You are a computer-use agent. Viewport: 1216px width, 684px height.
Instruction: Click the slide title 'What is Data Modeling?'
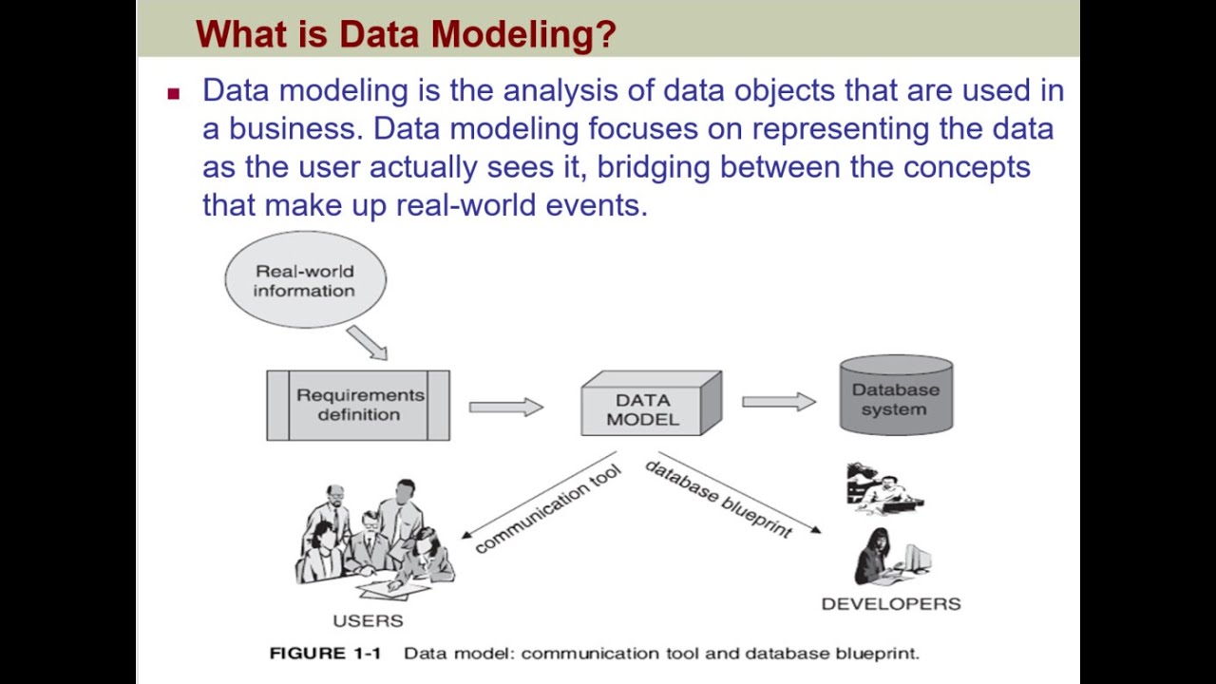406,35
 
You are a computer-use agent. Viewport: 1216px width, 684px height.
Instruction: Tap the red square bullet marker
173,93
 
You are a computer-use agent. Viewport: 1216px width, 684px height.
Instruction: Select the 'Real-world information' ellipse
305,280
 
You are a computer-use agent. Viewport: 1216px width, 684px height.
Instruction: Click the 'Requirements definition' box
358,406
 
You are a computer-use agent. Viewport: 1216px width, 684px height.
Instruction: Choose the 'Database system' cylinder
895,397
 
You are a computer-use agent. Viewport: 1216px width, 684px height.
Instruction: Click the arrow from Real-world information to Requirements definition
367,342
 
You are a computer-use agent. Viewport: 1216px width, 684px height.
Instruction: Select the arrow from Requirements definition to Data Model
505,407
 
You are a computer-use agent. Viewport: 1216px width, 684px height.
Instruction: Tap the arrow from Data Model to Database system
778,402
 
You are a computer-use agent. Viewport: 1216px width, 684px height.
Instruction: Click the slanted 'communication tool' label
547,508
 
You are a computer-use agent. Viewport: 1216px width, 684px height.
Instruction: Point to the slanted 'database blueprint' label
718,499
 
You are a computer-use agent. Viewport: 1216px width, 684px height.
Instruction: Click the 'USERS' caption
368,620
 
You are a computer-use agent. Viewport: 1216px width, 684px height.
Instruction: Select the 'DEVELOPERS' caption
891,603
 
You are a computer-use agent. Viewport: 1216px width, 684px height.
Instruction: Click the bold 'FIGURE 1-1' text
325,653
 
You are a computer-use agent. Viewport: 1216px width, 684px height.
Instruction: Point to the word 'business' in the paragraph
295,128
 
